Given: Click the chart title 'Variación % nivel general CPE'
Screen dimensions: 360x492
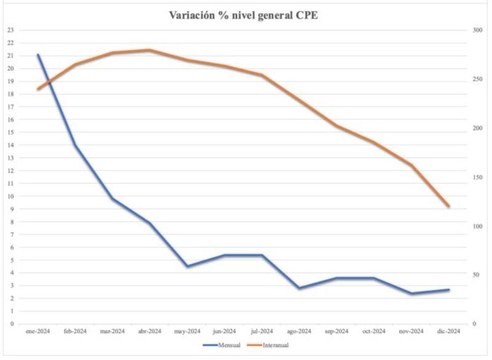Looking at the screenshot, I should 243,15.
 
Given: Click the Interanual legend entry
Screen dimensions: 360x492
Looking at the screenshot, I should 275,345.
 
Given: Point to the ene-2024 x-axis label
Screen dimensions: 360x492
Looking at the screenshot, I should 38,332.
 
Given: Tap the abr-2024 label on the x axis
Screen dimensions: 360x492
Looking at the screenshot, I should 149,332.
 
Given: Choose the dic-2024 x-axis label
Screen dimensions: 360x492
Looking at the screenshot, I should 448,332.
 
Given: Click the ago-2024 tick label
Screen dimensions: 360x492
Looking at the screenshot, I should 299,332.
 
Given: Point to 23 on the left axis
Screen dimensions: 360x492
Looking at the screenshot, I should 10,30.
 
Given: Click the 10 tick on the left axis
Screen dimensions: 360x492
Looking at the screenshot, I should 10,196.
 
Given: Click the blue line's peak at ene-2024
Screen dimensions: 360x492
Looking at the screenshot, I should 38,55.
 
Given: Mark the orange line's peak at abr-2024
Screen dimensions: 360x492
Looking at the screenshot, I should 149,50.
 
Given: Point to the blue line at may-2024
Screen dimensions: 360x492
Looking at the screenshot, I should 187,266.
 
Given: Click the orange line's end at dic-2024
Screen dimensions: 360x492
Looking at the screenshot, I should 448,206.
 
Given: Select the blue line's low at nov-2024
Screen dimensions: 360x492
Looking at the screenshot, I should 411,294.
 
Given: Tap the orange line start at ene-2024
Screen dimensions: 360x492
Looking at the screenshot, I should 38,89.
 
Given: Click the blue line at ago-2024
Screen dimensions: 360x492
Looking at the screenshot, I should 299,288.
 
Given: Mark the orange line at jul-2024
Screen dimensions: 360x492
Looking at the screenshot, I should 261,75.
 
